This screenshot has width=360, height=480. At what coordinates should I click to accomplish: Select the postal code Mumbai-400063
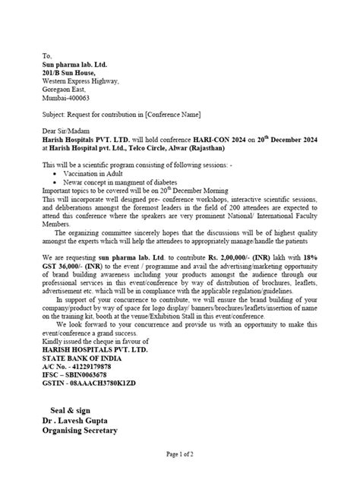[x=66, y=98]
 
